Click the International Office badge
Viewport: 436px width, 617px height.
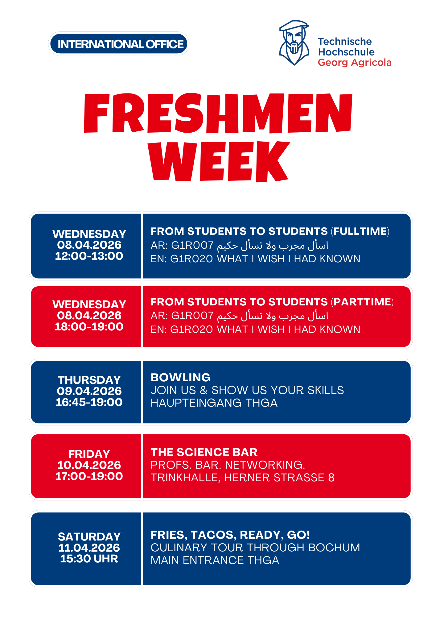pyautogui.click(x=119, y=44)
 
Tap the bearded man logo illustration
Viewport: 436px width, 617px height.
pyautogui.click(x=294, y=43)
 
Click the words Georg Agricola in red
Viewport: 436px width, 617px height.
pyautogui.click(x=355, y=63)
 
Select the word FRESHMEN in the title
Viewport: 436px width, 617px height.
pyautogui.click(x=218, y=113)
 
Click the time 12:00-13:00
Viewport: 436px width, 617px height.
pyautogui.click(x=89, y=256)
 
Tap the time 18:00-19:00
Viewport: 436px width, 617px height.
pyautogui.click(x=89, y=327)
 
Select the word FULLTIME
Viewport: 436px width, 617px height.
pyautogui.click(x=360, y=231)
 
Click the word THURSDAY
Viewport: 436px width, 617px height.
pyautogui.click(x=89, y=380)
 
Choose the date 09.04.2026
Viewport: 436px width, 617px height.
pyautogui.click(x=89, y=391)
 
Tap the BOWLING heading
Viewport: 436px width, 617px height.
pyautogui.click(x=181, y=378)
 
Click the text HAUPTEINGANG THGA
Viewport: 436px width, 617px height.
pyautogui.click(x=214, y=403)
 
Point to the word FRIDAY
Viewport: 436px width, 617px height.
pyautogui.click(x=89, y=454)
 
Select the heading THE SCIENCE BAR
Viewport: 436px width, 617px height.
pyautogui.click(x=204, y=452)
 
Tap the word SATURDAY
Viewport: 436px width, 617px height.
pyautogui.click(x=89, y=536)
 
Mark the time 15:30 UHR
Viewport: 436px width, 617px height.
pyautogui.click(x=89, y=559)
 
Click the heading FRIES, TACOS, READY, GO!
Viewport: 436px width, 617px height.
pyautogui.click(x=230, y=535)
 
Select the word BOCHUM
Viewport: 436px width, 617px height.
pyautogui.click(x=334, y=548)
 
